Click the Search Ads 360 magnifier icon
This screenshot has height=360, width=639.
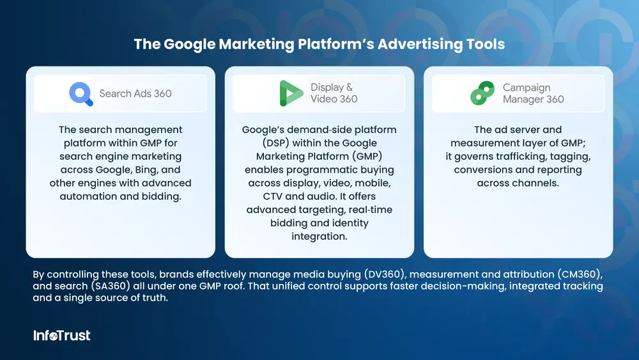coord(81,94)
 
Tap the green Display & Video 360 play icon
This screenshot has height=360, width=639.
coord(291,93)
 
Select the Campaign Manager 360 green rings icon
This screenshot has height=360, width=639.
coord(482,93)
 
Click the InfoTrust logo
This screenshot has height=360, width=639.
coord(62,335)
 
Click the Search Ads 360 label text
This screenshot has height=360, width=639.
coord(135,93)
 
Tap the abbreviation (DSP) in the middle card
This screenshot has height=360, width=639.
coord(276,143)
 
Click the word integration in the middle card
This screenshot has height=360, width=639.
coord(319,237)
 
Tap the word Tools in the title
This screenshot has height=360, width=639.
coord(486,44)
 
